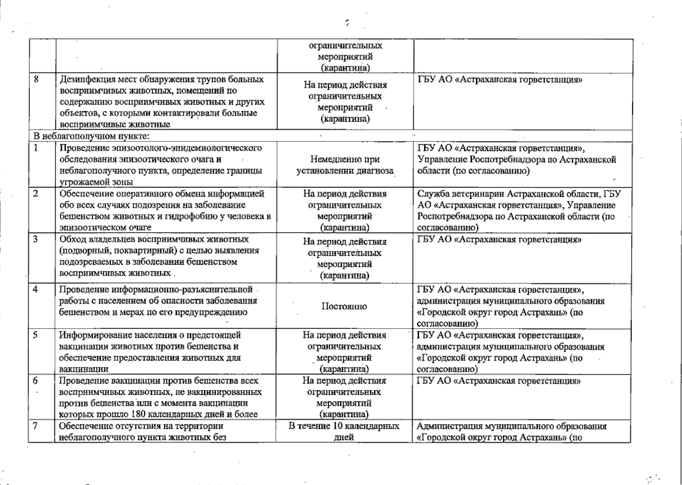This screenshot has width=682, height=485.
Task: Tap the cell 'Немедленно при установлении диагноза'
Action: point(345,165)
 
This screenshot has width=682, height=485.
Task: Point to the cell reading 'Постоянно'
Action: point(344,306)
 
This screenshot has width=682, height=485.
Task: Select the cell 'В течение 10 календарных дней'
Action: point(344,432)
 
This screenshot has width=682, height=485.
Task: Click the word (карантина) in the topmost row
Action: point(345,68)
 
